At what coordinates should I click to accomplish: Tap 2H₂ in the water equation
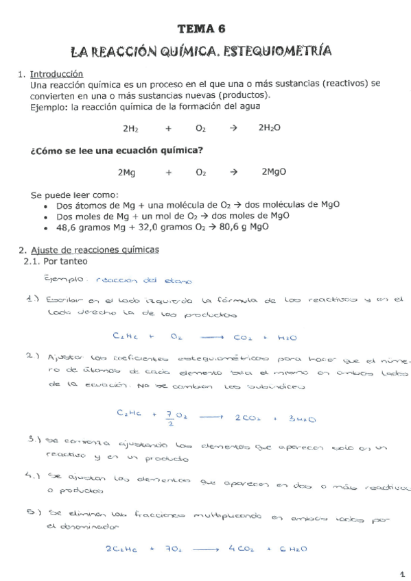coord(130,128)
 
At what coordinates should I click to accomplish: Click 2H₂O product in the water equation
coord(269,128)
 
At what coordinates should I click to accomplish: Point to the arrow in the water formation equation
coord(233,128)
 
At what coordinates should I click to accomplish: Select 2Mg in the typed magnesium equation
coord(126,173)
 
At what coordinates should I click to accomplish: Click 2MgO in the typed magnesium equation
coord(274,173)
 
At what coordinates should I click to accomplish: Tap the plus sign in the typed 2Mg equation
coord(168,173)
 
